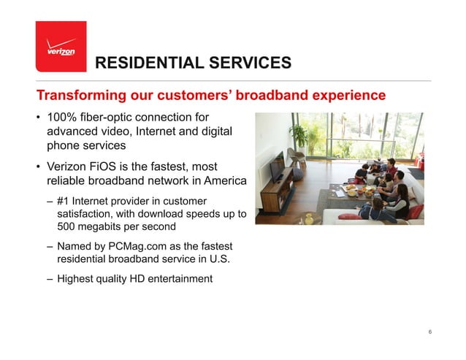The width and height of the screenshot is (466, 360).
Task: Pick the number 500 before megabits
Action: (67, 226)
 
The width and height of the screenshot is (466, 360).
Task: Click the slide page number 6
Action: (430, 333)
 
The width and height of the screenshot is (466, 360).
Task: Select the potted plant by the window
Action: (299, 138)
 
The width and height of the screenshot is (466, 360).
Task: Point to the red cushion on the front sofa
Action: (351, 216)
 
